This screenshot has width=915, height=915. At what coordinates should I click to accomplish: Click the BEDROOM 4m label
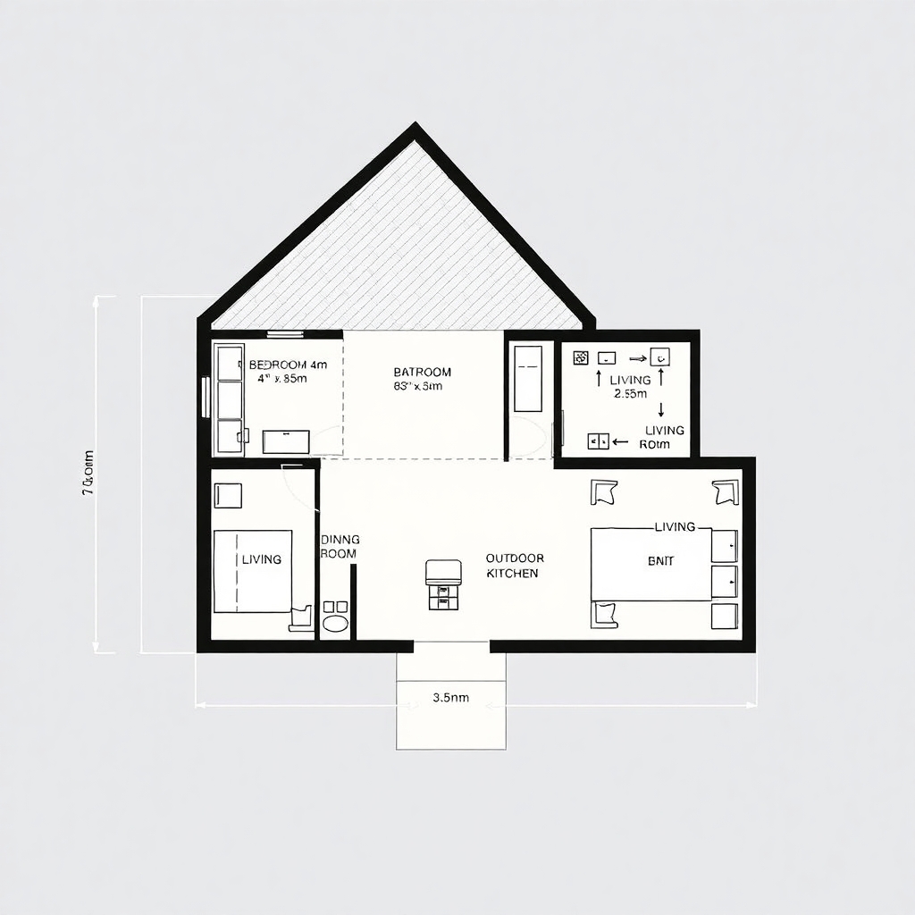[288, 365]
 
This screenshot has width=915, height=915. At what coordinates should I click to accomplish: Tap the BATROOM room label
[422, 372]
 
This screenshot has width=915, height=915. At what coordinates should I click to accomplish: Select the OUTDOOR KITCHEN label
[513, 566]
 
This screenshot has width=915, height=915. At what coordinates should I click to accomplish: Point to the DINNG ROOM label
[340, 546]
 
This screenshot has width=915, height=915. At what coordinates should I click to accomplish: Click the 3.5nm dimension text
[450, 698]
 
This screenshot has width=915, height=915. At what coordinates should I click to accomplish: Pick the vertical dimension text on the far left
[88, 474]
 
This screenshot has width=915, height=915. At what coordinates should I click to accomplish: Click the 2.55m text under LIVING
[631, 394]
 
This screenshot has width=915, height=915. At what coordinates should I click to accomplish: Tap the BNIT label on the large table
[660, 561]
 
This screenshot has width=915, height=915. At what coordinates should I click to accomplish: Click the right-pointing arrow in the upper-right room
[637, 357]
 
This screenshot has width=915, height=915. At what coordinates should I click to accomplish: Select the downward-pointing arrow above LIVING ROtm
[661, 409]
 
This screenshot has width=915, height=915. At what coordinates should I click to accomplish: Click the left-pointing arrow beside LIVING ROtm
[619, 441]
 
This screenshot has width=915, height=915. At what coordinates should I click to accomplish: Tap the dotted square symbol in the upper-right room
[580, 357]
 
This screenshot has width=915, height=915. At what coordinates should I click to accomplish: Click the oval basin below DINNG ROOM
[335, 623]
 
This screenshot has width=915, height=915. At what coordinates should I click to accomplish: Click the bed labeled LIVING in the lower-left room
[253, 571]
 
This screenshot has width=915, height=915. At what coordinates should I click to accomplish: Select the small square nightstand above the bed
[229, 496]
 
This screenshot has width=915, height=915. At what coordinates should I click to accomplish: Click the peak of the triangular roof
[415, 128]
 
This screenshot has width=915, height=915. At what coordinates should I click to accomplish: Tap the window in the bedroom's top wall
[285, 334]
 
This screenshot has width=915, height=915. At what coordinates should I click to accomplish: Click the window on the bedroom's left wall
[206, 397]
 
